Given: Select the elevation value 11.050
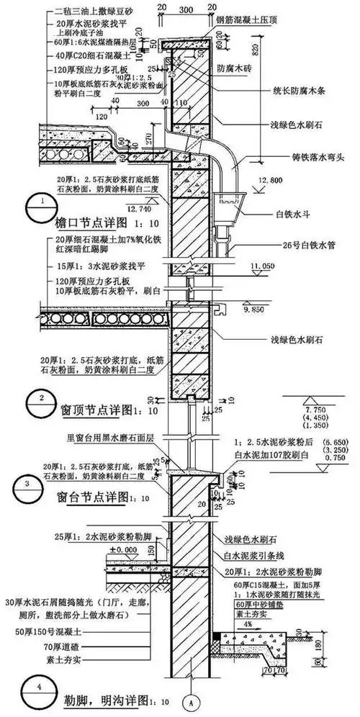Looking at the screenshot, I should click(x=264, y=266).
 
